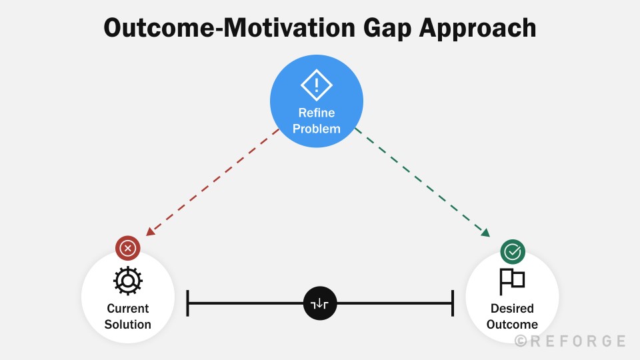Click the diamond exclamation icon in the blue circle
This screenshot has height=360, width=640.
point(317,85)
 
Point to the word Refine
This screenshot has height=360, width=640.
point(317,113)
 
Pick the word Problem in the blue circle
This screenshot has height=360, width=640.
point(317,128)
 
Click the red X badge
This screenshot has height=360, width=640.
point(128,249)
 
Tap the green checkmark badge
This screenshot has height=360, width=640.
point(513,251)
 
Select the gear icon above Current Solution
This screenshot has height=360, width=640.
point(128,281)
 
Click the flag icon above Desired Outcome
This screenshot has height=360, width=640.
point(512,281)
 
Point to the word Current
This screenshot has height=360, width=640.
point(128,309)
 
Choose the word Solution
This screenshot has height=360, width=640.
point(128,325)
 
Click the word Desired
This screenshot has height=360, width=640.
point(512,309)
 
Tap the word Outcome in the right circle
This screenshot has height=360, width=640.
point(512,325)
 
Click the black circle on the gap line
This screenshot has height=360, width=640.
point(321,303)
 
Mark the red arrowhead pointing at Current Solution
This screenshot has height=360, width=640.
point(150,231)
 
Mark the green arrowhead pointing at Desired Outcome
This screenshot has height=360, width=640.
point(485,232)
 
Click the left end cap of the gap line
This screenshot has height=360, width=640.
point(189,303)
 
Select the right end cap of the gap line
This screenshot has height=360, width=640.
point(453,303)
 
